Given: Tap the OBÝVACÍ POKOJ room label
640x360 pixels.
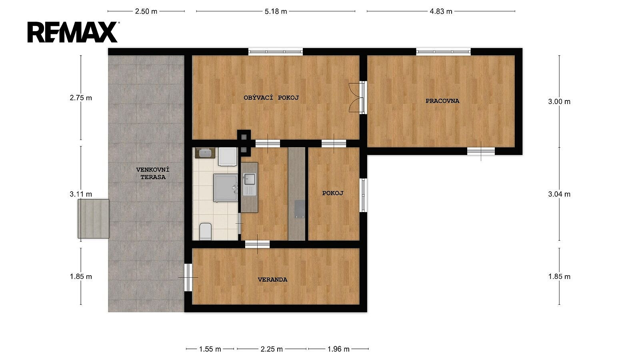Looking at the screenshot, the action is click(x=271, y=98).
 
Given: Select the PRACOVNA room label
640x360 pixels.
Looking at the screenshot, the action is click(x=442, y=101).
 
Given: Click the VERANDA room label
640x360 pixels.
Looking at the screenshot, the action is click(x=272, y=280).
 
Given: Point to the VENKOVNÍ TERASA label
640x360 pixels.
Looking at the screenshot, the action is click(x=153, y=174).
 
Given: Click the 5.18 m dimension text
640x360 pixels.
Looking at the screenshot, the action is click(x=276, y=12).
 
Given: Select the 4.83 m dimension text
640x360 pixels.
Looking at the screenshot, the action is click(x=441, y=12).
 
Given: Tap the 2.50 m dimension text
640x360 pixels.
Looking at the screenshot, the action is click(x=146, y=12).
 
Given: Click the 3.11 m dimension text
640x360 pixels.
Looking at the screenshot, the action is click(x=81, y=194).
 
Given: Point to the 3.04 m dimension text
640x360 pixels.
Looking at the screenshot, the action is click(x=559, y=194).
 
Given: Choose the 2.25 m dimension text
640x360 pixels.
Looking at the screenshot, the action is click(x=272, y=349).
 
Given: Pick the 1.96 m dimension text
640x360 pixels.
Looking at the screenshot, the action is click(x=338, y=349).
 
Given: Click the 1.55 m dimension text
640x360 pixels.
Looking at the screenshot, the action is click(x=210, y=349).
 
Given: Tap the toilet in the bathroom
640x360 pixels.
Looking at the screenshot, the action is click(x=206, y=232).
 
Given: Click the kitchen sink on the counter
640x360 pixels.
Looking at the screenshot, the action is click(x=250, y=180).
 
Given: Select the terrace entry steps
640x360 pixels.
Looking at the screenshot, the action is click(x=94, y=219).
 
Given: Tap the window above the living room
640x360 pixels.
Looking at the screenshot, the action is click(x=276, y=52).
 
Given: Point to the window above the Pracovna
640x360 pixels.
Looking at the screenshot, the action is click(x=443, y=52).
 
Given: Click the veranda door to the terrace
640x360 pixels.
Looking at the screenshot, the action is click(x=188, y=278).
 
